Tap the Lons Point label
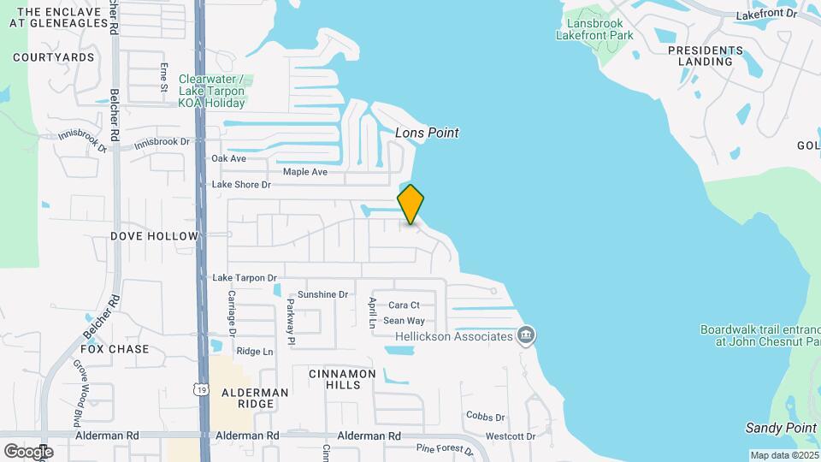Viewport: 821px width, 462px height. pos(427,133)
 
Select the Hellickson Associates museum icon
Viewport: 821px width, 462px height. pos(526,334)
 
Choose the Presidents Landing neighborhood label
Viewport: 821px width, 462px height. pos(706,56)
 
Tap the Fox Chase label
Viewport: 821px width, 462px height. pos(115,349)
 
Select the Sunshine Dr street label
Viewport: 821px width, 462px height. pos(323,294)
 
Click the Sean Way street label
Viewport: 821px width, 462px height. pos(404,320)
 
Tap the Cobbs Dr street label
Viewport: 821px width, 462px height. pos(486,417)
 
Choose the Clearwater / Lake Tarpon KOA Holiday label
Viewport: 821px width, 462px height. pos(211,91)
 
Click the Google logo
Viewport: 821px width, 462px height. pos(28,451)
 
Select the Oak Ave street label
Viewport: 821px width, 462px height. pos(228,158)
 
